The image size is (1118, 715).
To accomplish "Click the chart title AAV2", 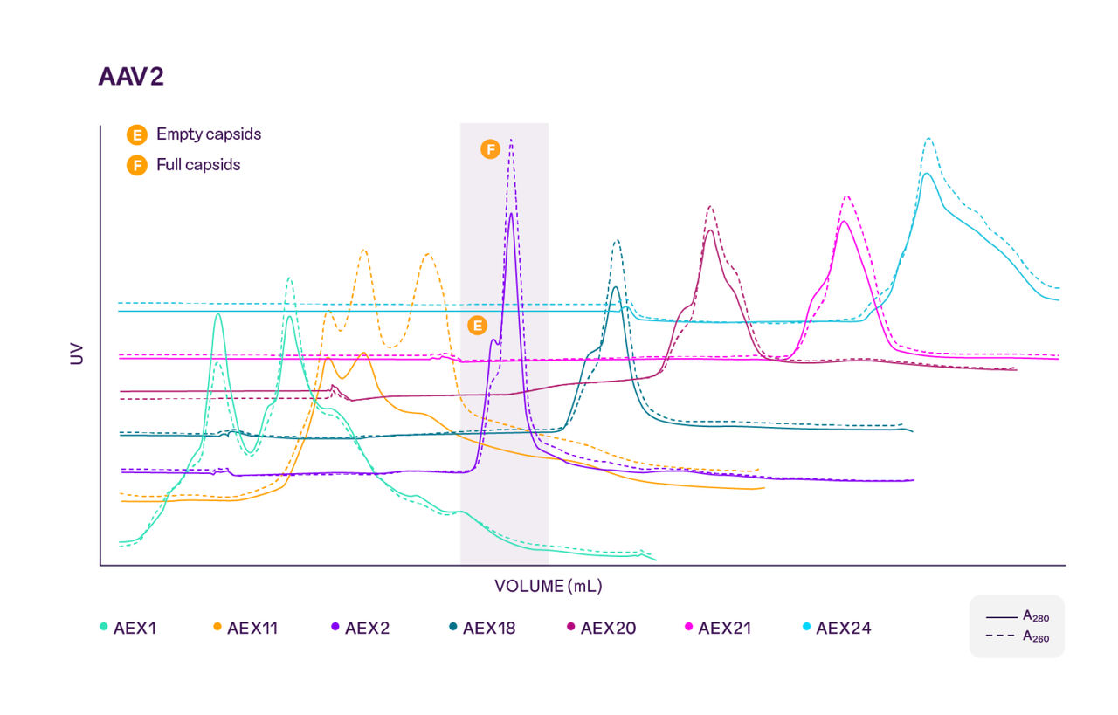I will coord(131,77).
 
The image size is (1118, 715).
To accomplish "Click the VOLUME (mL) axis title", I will coord(548,586).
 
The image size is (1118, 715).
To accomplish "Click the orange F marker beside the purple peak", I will coord(490,149).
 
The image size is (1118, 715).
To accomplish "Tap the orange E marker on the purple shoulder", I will coord(477,326).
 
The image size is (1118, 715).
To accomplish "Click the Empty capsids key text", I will coord(208,134).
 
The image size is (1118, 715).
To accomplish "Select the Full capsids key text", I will coord(197,164).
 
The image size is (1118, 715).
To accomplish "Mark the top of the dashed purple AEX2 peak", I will coord(511,140).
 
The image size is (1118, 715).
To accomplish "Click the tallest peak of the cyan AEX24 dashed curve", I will coord(928,138).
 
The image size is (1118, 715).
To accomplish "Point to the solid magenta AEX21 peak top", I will coord(844,221).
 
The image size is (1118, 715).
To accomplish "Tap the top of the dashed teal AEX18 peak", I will coord(617,241).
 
